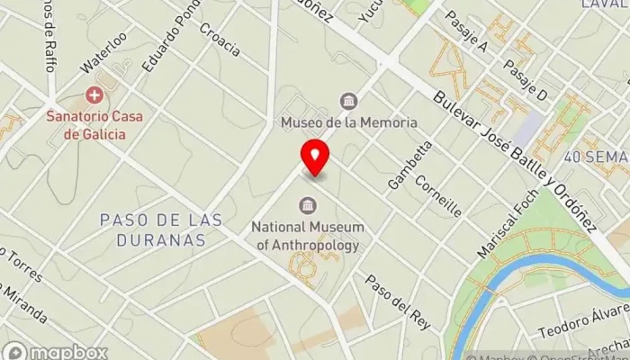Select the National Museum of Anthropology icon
(309, 204)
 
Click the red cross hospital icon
(93, 95)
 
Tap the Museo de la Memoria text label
(348, 122)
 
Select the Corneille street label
(438, 195)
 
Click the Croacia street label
(220, 40)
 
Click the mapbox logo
(56, 352)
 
